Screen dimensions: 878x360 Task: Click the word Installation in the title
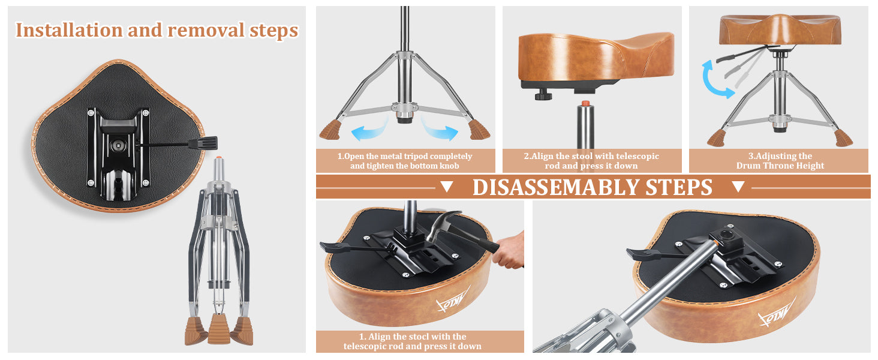tap(68, 30)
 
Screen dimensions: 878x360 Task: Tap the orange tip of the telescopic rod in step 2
tap(585, 104)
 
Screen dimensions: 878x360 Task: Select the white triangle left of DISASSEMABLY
tap(446, 186)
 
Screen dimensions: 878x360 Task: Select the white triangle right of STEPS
tap(738, 186)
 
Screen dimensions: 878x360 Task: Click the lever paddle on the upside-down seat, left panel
tap(203, 143)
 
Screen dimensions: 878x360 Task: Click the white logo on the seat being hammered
tap(453, 301)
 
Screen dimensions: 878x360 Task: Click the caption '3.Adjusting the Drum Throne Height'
tap(780, 161)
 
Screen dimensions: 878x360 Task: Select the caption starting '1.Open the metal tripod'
tap(404, 161)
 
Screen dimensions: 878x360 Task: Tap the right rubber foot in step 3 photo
tap(843, 137)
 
